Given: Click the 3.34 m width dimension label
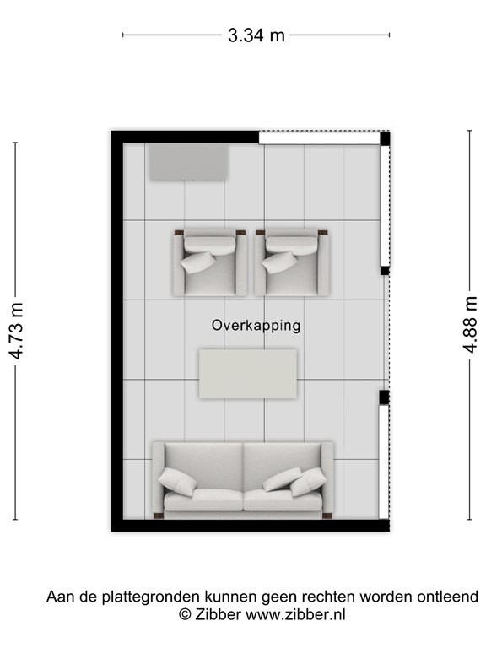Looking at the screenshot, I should click(x=256, y=35).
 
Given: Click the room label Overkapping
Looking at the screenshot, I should click(x=256, y=325).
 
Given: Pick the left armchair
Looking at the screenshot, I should click(x=210, y=263).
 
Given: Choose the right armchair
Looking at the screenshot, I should click(x=291, y=263).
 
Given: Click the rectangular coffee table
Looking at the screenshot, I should click(x=247, y=374).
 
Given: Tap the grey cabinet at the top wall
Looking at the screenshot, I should click(x=189, y=161).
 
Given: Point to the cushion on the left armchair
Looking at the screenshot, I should click(x=198, y=262).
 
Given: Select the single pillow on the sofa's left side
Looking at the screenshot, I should click(x=177, y=481).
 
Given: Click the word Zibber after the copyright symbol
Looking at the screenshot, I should click(x=219, y=615).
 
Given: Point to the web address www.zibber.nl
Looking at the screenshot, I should click(x=295, y=615).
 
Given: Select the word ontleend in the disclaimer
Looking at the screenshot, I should click(x=448, y=597).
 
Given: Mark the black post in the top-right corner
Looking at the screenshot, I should click(x=385, y=139).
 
